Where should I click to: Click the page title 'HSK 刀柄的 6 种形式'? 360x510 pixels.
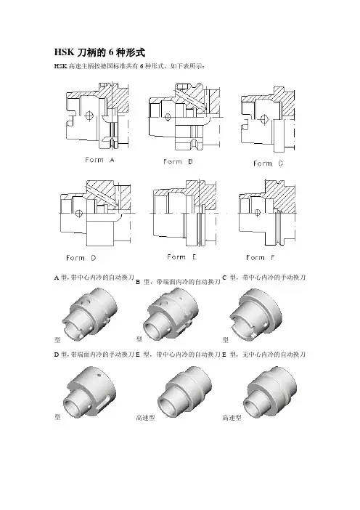pyautogui.click(x=99, y=52)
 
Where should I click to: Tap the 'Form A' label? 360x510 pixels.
pyautogui.click(x=99, y=160)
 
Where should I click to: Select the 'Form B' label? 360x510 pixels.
pyautogui.click(x=178, y=162)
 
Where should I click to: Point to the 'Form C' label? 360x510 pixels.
pyautogui.click(x=268, y=163)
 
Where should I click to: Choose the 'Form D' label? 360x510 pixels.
pyautogui.click(x=81, y=258)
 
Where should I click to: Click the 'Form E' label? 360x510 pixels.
pyautogui.click(x=181, y=257)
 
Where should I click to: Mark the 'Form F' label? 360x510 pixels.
pyautogui.click(x=261, y=258)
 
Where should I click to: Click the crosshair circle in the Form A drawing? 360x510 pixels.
pyautogui.click(x=89, y=115)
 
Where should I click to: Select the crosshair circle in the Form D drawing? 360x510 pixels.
pyautogui.click(x=78, y=214)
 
